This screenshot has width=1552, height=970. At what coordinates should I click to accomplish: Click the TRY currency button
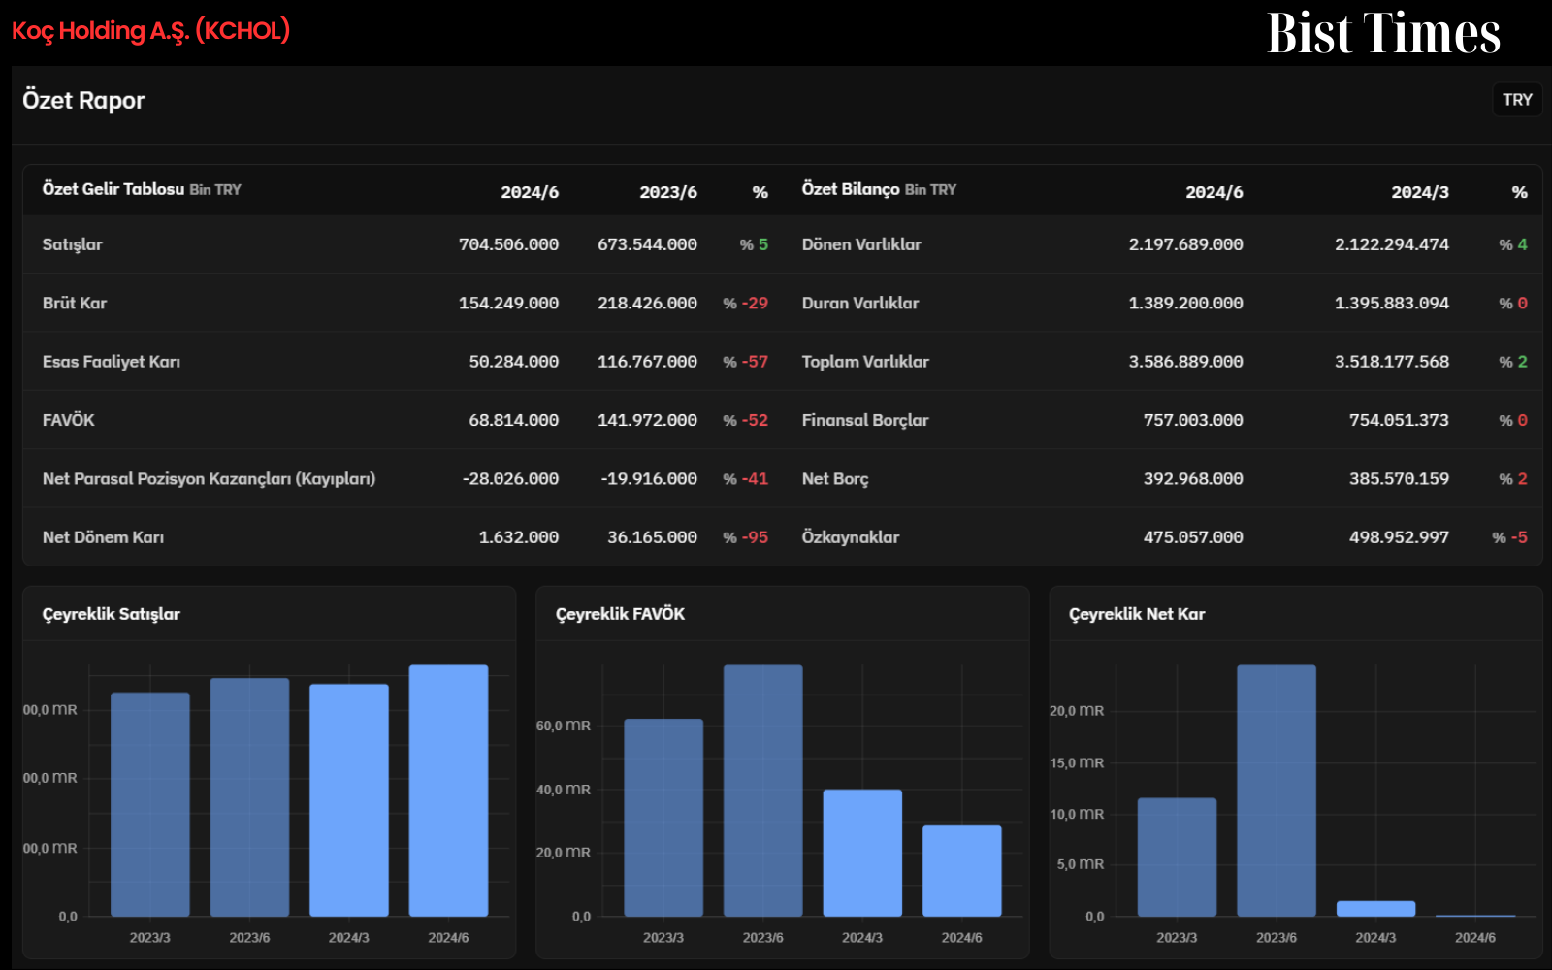point(1517,100)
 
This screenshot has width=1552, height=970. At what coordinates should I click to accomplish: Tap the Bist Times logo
point(1383,33)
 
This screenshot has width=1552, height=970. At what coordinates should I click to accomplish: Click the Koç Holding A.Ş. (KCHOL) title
point(150,30)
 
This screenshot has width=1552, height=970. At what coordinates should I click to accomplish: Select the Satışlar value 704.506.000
point(508,244)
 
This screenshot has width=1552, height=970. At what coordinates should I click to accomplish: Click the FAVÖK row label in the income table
point(68,420)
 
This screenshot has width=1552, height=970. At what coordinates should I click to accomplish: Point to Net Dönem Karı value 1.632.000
point(518,537)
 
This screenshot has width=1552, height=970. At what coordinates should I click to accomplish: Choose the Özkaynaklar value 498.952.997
point(1399,537)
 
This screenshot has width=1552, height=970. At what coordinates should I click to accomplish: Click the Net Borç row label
point(835,479)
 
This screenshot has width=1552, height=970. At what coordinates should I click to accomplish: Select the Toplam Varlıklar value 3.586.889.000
point(1185,362)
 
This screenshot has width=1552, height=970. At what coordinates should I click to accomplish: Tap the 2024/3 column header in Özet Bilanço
point(1420,193)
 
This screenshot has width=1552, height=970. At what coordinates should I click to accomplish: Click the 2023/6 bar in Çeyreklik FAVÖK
point(762,791)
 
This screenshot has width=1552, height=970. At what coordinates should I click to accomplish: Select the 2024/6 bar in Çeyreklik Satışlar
point(448,791)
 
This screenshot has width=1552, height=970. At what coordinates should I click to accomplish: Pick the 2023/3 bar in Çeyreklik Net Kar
point(1177,857)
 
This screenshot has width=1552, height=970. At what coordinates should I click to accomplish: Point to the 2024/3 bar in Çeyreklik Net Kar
point(1375,909)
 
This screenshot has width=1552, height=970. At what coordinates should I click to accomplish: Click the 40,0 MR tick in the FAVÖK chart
point(564,790)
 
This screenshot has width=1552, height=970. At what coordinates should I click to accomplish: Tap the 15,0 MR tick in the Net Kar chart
point(1077,762)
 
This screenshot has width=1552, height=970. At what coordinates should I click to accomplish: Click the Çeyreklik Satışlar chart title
point(111,615)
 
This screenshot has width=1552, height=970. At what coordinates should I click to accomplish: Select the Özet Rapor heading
point(83,101)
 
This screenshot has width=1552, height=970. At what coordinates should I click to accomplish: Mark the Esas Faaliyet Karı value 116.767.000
point(647,362)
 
